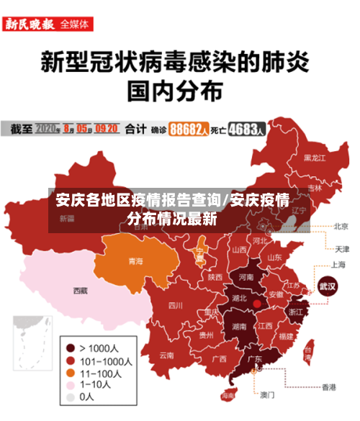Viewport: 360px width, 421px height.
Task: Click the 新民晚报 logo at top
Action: coord(30,24)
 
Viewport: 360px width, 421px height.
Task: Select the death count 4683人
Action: coord(247,130)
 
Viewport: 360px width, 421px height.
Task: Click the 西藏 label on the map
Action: coord(80,291)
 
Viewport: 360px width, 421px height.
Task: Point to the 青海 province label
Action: coord(135,261)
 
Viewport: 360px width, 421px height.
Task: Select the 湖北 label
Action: coord(238,298)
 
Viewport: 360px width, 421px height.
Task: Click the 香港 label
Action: coord(328,386)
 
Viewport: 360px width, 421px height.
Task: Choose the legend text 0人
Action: coord(86,397)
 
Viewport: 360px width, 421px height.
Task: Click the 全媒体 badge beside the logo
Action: coord(75,24)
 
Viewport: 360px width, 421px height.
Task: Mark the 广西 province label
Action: coord(219,358)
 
